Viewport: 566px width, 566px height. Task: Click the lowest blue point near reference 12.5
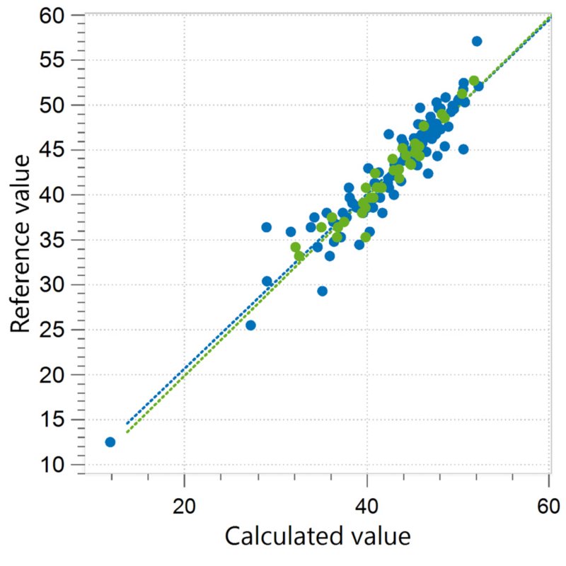click(110, 442)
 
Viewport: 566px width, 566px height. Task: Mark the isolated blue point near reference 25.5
click(250, 325)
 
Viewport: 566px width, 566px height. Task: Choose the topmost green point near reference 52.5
click(474, 81)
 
